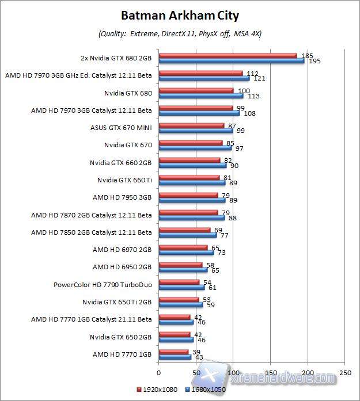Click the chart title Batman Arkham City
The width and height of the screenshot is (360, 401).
pos(180,15)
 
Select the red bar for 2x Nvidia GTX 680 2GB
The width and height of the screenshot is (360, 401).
pos(228,55)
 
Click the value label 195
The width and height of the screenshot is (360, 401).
pos(314,61)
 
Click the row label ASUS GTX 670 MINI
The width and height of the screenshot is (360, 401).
pos(121,128)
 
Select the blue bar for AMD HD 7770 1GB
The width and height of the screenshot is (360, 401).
pos(175,357)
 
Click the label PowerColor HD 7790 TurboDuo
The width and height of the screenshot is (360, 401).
pos(103,285)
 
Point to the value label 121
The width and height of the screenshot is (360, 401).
pos(259,78)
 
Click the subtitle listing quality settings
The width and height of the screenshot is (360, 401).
pos(180,34)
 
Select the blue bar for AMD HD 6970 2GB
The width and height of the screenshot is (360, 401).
pos(185,253)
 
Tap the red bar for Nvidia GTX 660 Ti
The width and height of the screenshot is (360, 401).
pos(188,177)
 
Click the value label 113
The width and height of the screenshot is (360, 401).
pos(253,96)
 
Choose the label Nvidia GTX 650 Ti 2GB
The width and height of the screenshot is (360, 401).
pos(117,302)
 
